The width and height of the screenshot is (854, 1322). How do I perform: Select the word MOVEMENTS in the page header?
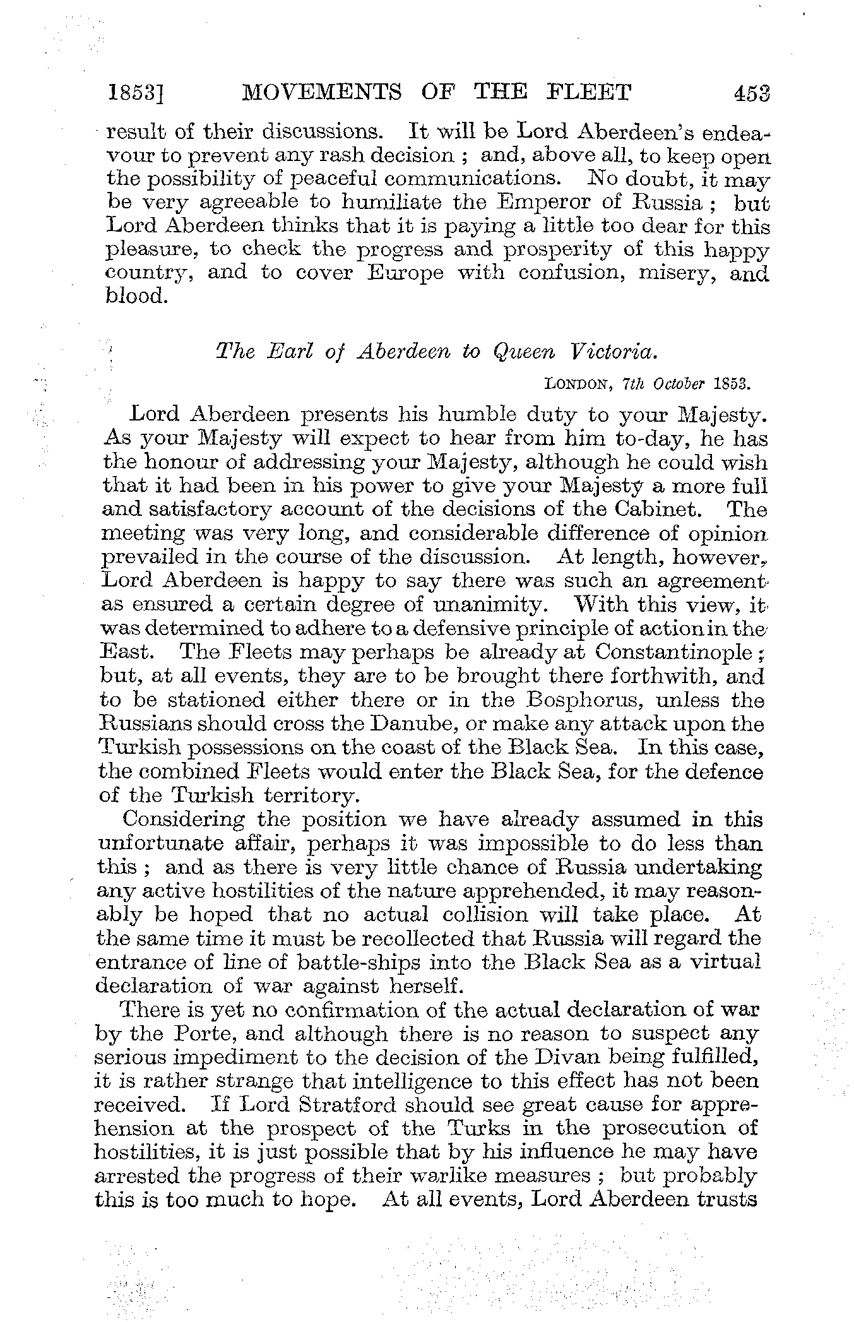pos(322,93)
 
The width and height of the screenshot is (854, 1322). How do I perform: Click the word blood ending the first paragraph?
pos(134,297)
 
